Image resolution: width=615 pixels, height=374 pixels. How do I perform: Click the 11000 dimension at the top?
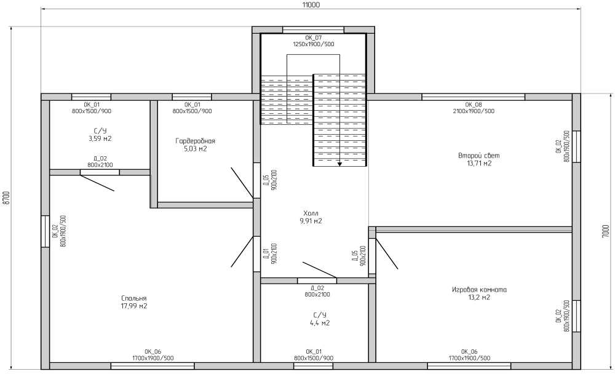(311, 5)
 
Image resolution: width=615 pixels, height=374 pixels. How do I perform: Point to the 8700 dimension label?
(5, 198)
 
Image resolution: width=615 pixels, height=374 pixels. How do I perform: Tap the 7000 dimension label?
(606, 231)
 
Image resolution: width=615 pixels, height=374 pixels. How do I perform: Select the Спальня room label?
(134, 298)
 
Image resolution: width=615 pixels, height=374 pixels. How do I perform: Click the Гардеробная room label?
(196, 141)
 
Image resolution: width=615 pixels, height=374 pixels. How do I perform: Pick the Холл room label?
(311, 213)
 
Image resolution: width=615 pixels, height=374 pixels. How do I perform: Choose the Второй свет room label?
(479, 156)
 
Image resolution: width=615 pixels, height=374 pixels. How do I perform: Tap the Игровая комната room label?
(479, 290)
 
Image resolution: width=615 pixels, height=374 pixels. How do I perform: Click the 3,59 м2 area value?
(100, 138)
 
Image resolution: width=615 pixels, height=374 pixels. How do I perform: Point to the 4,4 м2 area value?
(320, 323)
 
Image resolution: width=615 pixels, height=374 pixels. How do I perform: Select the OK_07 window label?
(314, 38)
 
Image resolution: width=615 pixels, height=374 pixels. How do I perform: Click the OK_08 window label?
(474, 105)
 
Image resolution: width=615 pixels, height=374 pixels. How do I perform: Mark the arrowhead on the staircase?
(339, 164)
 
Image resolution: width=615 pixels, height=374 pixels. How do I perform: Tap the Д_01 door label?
(266, 253)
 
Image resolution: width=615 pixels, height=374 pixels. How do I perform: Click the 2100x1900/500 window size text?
(474, 111)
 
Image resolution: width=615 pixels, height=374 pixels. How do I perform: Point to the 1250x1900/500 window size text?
(314, 44)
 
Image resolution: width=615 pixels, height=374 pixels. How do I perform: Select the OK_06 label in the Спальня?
(153, 352)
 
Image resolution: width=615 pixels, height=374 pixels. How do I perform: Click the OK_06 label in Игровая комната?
(469, 352)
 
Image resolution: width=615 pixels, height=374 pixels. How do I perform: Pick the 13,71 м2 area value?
(479, 163)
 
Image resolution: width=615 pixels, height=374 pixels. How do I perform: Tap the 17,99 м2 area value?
(134, 306)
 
